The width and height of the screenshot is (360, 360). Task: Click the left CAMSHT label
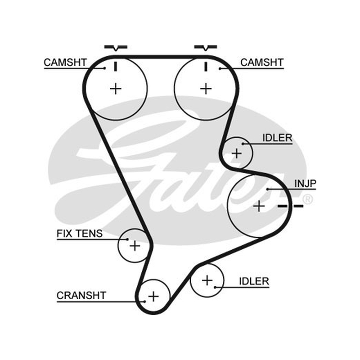click(65, 63)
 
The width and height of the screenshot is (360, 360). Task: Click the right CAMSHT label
click(262, 63)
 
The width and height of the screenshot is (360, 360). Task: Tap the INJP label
click(306, 184)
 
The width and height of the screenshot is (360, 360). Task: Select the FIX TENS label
click(80, 234)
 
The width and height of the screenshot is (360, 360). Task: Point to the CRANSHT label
click(81, 296)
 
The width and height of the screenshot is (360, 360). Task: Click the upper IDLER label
click(277, 138)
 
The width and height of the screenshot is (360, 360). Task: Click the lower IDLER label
click(254, 281)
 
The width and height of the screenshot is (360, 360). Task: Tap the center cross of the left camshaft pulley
click(116, 89)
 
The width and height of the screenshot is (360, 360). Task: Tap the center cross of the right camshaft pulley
click(206, 89)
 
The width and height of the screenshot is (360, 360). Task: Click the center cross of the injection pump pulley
click(259, 206)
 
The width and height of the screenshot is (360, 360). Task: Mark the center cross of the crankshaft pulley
click(153, 297)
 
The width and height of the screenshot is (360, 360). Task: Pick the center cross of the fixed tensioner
click(135, 246)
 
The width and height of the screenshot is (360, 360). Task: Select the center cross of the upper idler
click(237, 153)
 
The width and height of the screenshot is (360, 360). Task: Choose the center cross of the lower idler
click(207, 280)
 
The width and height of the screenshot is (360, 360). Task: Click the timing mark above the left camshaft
click(116, 48)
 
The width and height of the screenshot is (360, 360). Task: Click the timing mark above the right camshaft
click(206, 48)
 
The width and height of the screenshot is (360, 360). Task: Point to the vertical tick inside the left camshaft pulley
click(116, 66)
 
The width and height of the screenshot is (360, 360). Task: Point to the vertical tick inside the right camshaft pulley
click(206, 66)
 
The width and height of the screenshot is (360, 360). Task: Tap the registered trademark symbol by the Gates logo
click(308, 199)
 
